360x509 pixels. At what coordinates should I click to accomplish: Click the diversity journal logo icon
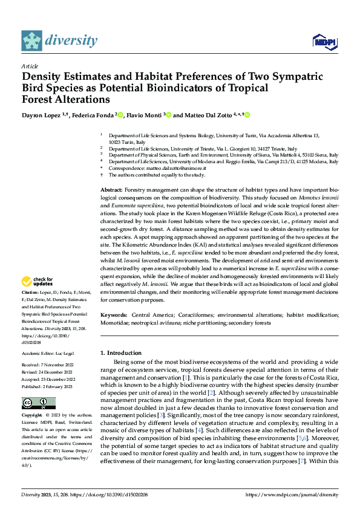click(x=31, y=41)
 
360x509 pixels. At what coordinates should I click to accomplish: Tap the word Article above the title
click(x=30, y=66)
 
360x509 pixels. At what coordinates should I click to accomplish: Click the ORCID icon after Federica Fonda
click(x=120, y=115)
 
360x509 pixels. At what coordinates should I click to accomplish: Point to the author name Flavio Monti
click(x=143, y=115)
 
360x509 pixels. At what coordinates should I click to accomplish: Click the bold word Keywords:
click(x=114, y=316)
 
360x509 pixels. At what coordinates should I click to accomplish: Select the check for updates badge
click(x=37, y=281)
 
